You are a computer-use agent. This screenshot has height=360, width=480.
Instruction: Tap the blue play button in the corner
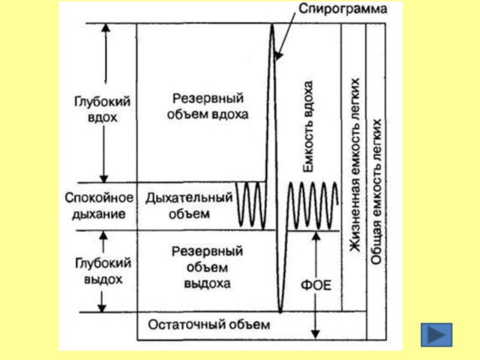[x=436, y=335]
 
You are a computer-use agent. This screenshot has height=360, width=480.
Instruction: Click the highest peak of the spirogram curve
[x=272, y=25]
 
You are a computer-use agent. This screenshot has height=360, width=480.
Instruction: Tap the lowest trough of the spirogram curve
[x=280, y=311]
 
